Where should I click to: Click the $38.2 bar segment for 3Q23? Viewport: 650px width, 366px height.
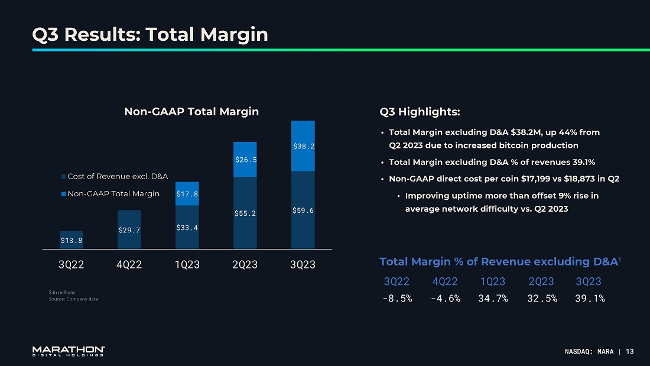pos(303,146)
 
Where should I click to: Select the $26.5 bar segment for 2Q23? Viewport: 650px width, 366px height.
pos(245,159)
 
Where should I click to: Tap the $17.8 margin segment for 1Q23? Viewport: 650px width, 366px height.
pos(187,193)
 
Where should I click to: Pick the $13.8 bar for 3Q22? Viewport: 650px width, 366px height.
pos(71,239)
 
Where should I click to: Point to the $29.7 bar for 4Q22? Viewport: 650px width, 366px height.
pos(129,229)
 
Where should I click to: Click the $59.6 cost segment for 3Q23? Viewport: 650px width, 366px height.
pos(303,210)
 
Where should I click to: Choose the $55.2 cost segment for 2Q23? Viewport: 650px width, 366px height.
pos(245,213)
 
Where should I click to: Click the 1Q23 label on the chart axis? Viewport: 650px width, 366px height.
pos(187,265)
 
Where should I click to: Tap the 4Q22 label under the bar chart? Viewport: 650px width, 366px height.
pos(129,265)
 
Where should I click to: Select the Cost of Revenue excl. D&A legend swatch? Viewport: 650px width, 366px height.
pos(63,177)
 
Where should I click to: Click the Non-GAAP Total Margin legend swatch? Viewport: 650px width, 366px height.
pos(63,194)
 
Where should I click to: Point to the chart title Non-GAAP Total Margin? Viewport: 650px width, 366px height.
pos(191,111)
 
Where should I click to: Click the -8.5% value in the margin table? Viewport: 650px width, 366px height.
pos(397,298)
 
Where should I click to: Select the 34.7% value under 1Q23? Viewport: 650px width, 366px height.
pos(493,298)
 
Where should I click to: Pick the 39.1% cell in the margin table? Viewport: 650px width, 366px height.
pos(589,298)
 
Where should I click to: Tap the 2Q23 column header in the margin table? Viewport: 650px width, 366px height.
pos(541,281)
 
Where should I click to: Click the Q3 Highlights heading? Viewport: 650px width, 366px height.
pos(420,111)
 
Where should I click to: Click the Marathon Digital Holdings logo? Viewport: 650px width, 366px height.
pos(69,351)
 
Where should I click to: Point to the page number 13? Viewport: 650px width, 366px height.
pos(629,352)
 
